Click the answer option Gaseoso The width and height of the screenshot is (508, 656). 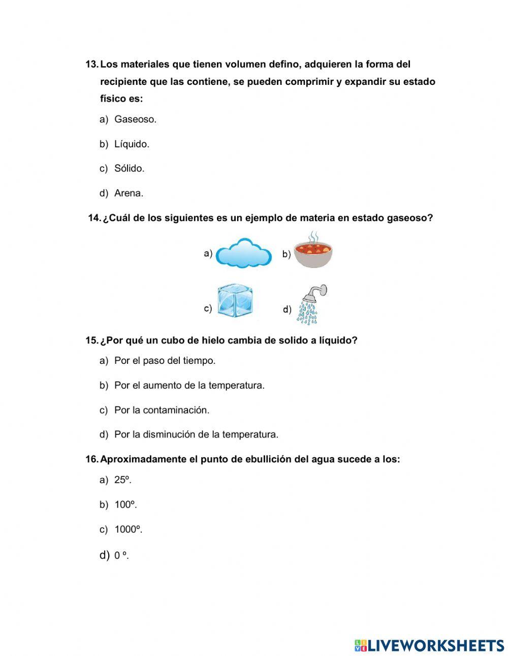[135, 119]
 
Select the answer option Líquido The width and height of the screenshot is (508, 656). [132, 144]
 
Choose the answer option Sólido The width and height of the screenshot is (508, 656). [129, 169]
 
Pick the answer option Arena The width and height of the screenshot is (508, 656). [129, 193]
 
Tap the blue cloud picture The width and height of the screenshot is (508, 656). [243, 253]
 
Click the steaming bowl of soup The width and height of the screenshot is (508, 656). [313, 251]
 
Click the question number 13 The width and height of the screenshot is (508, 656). [91, 65]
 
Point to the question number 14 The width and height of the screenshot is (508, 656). [94, 218]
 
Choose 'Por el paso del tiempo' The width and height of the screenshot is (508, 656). [165, 361]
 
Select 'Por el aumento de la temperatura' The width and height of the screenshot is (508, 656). [189, 386]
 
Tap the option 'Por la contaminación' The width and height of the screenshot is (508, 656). [162, 410]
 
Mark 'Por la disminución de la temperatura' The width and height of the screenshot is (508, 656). [196, 435]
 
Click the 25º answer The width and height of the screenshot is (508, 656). [122, 480]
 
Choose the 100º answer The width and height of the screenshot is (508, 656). [125, 505]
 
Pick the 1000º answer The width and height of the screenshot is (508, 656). [128, 529]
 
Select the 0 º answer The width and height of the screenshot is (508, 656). [121, 555]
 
